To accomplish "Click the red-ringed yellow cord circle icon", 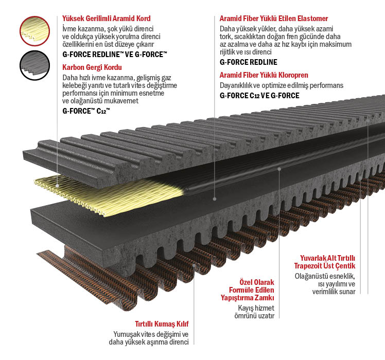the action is point(34,31).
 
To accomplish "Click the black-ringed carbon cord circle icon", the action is point(34,65).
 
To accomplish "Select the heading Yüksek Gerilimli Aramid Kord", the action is point(107,19).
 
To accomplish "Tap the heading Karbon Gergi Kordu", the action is point(92,67).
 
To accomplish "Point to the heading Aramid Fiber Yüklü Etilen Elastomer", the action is point(274,19).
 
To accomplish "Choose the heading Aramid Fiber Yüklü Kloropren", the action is point(264,75).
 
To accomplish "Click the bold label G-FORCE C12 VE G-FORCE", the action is point(259,96).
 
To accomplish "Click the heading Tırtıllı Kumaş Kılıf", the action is point(162,324).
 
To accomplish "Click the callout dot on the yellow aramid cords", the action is point(57,186).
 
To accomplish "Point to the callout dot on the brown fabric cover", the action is point(194,265).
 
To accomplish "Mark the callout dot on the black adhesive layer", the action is point(279,169).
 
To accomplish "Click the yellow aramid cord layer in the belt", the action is point(108,194).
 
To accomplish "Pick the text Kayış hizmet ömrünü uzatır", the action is point(254,312).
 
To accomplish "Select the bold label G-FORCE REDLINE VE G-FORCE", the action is point(115,54).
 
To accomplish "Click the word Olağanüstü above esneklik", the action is point(311,276).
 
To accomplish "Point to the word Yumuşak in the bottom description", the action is point(123,334).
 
